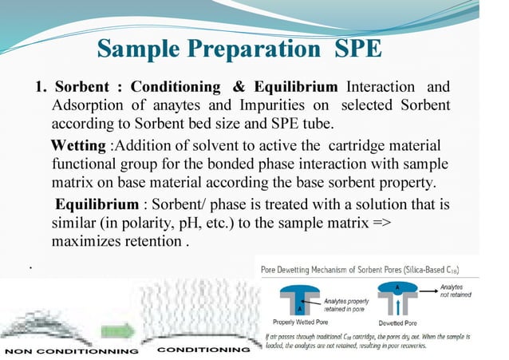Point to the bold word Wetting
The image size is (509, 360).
(x=77, y=146)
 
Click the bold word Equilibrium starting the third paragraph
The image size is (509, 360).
(x=96, y=204)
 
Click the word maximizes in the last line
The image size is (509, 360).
(x=88, y=240)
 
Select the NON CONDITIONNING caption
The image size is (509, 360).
(x=72, y=350)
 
